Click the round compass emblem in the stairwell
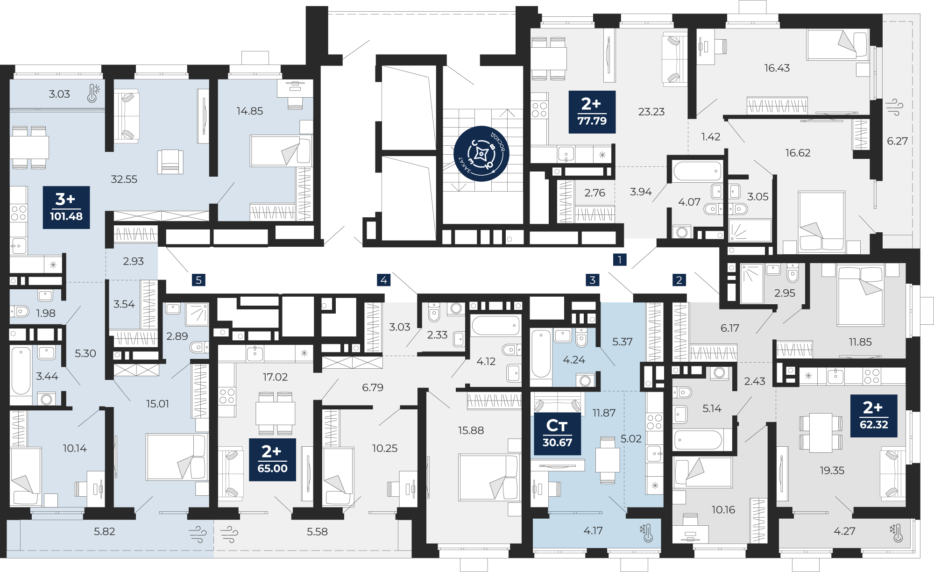point(481,153)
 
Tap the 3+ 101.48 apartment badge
point(66,207)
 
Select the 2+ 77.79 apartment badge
point(592,112)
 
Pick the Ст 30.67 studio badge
point(557,434)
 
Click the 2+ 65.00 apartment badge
point(272,459)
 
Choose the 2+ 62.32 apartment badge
point(874,416)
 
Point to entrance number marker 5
point(198,280)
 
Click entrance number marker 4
point(383,280)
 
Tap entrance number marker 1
point(620,259)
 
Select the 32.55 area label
point(124,179)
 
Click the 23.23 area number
point(651,112)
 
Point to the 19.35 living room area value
point(832,471)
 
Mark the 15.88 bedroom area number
point(471,430)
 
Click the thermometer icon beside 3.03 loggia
point(93,93)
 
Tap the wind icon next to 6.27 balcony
point(894,107)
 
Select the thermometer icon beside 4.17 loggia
point(647,532)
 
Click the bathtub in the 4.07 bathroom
point(697,171)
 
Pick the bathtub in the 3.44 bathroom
point(21,371)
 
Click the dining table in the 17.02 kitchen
point(275,413)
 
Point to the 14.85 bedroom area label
point(249,111)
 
